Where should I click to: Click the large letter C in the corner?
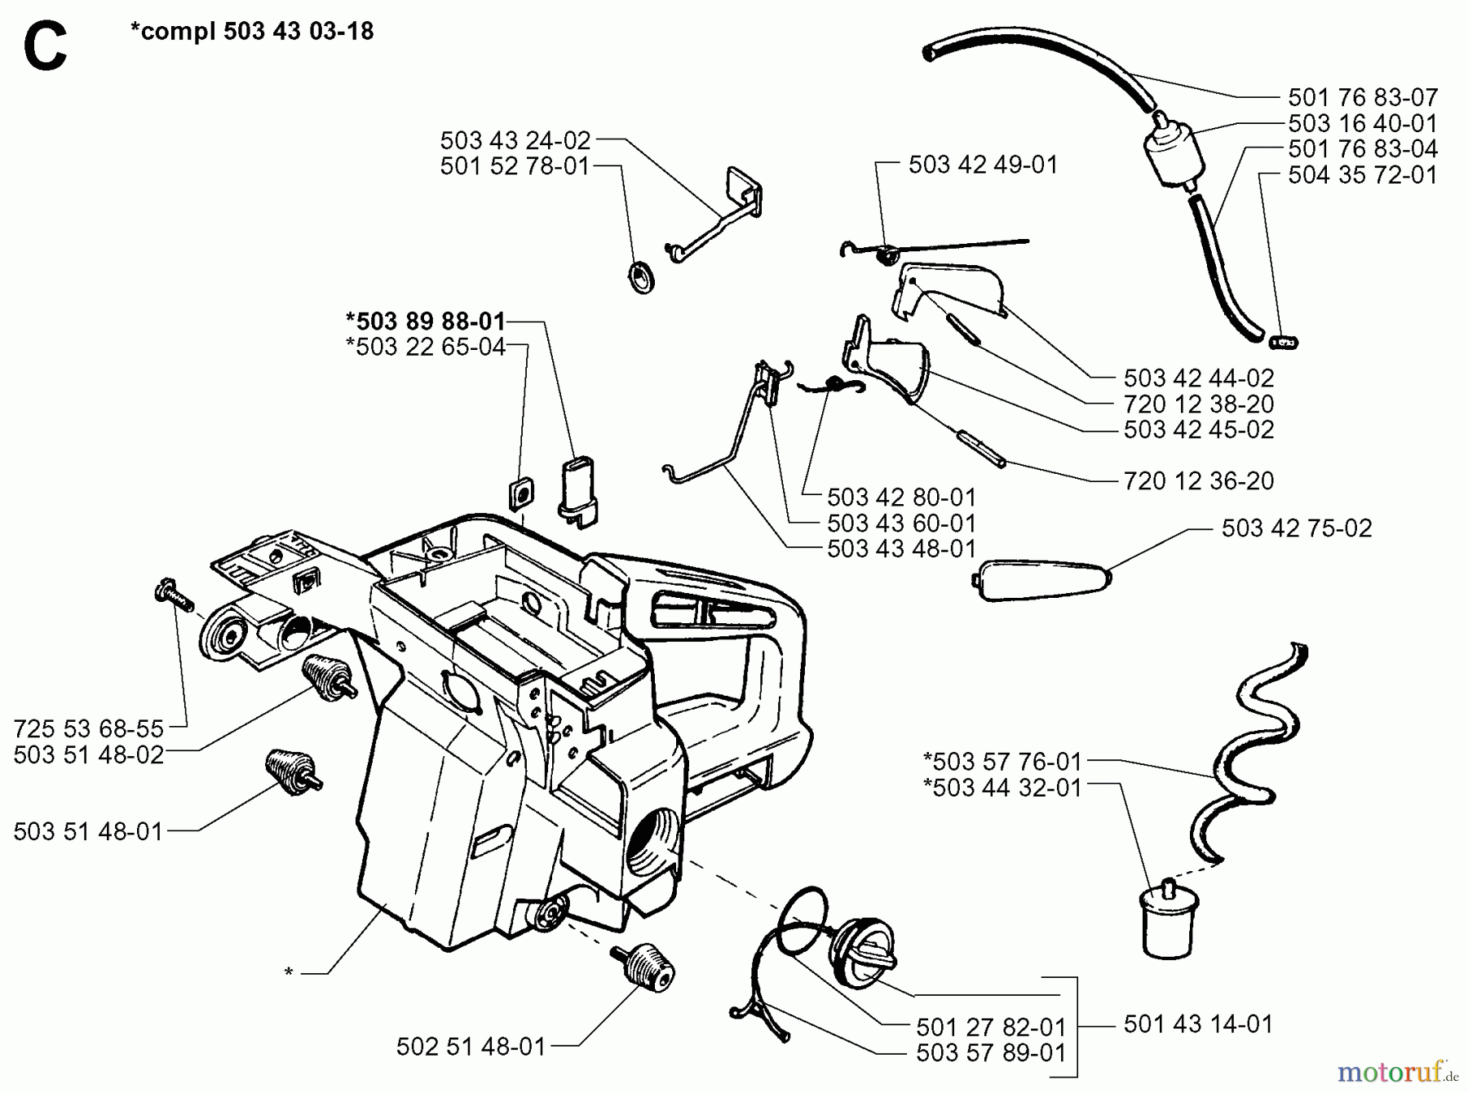45,47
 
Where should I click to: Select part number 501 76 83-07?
1362,98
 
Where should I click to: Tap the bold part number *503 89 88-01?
425,321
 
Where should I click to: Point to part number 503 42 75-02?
1296,529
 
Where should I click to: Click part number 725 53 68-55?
89,728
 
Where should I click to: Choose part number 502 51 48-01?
471,1047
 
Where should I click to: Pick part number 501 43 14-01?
1197,1024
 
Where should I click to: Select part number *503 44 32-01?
1002,788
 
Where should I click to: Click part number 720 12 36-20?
1198,481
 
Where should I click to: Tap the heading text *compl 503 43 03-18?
252,32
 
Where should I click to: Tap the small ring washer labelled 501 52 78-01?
643,277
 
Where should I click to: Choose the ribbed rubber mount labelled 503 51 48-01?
292,771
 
